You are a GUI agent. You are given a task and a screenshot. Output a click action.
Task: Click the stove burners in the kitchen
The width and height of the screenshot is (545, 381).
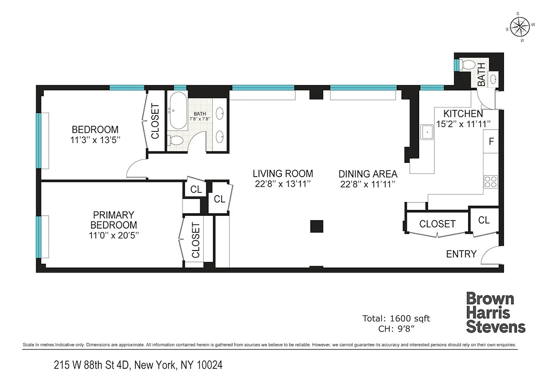491,181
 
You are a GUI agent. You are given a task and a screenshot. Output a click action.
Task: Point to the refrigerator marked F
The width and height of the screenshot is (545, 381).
491,141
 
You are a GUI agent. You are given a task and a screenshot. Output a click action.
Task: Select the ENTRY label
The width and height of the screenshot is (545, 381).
461,254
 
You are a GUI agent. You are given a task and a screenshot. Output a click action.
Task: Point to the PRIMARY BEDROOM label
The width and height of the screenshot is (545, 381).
113,220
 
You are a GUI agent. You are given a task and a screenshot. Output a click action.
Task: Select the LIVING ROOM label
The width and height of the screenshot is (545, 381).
283,173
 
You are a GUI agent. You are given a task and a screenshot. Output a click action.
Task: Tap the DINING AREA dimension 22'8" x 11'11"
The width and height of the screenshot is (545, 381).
368,184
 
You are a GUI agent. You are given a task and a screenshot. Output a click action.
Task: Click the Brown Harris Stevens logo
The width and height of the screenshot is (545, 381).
495,313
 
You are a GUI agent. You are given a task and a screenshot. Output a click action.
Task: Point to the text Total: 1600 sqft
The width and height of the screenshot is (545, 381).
396,318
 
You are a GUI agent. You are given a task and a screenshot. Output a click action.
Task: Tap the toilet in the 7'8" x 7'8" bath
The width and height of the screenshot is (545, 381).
175,140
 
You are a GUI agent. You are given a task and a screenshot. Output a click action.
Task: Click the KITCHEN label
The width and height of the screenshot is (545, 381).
463,114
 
